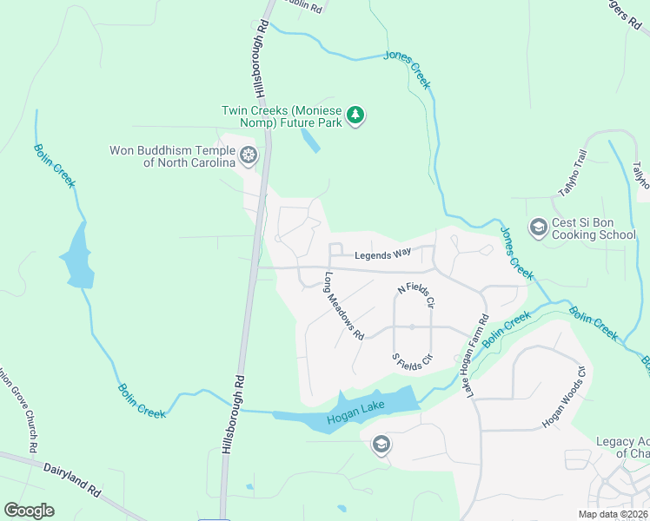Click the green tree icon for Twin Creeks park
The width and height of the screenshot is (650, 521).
(355, 115)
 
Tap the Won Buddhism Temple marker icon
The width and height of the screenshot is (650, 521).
(249, 156)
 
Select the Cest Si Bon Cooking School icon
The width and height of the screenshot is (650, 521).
(538, 228)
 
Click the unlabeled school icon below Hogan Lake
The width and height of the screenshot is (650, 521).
(380, 445)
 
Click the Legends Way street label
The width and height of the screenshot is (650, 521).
(382, 254)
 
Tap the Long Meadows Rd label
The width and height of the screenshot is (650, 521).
(343, 305)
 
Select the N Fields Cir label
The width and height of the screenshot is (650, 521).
(415, 295)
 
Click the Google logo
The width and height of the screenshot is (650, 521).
(29, 510)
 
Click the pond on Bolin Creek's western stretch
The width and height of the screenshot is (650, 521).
(77, 257)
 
